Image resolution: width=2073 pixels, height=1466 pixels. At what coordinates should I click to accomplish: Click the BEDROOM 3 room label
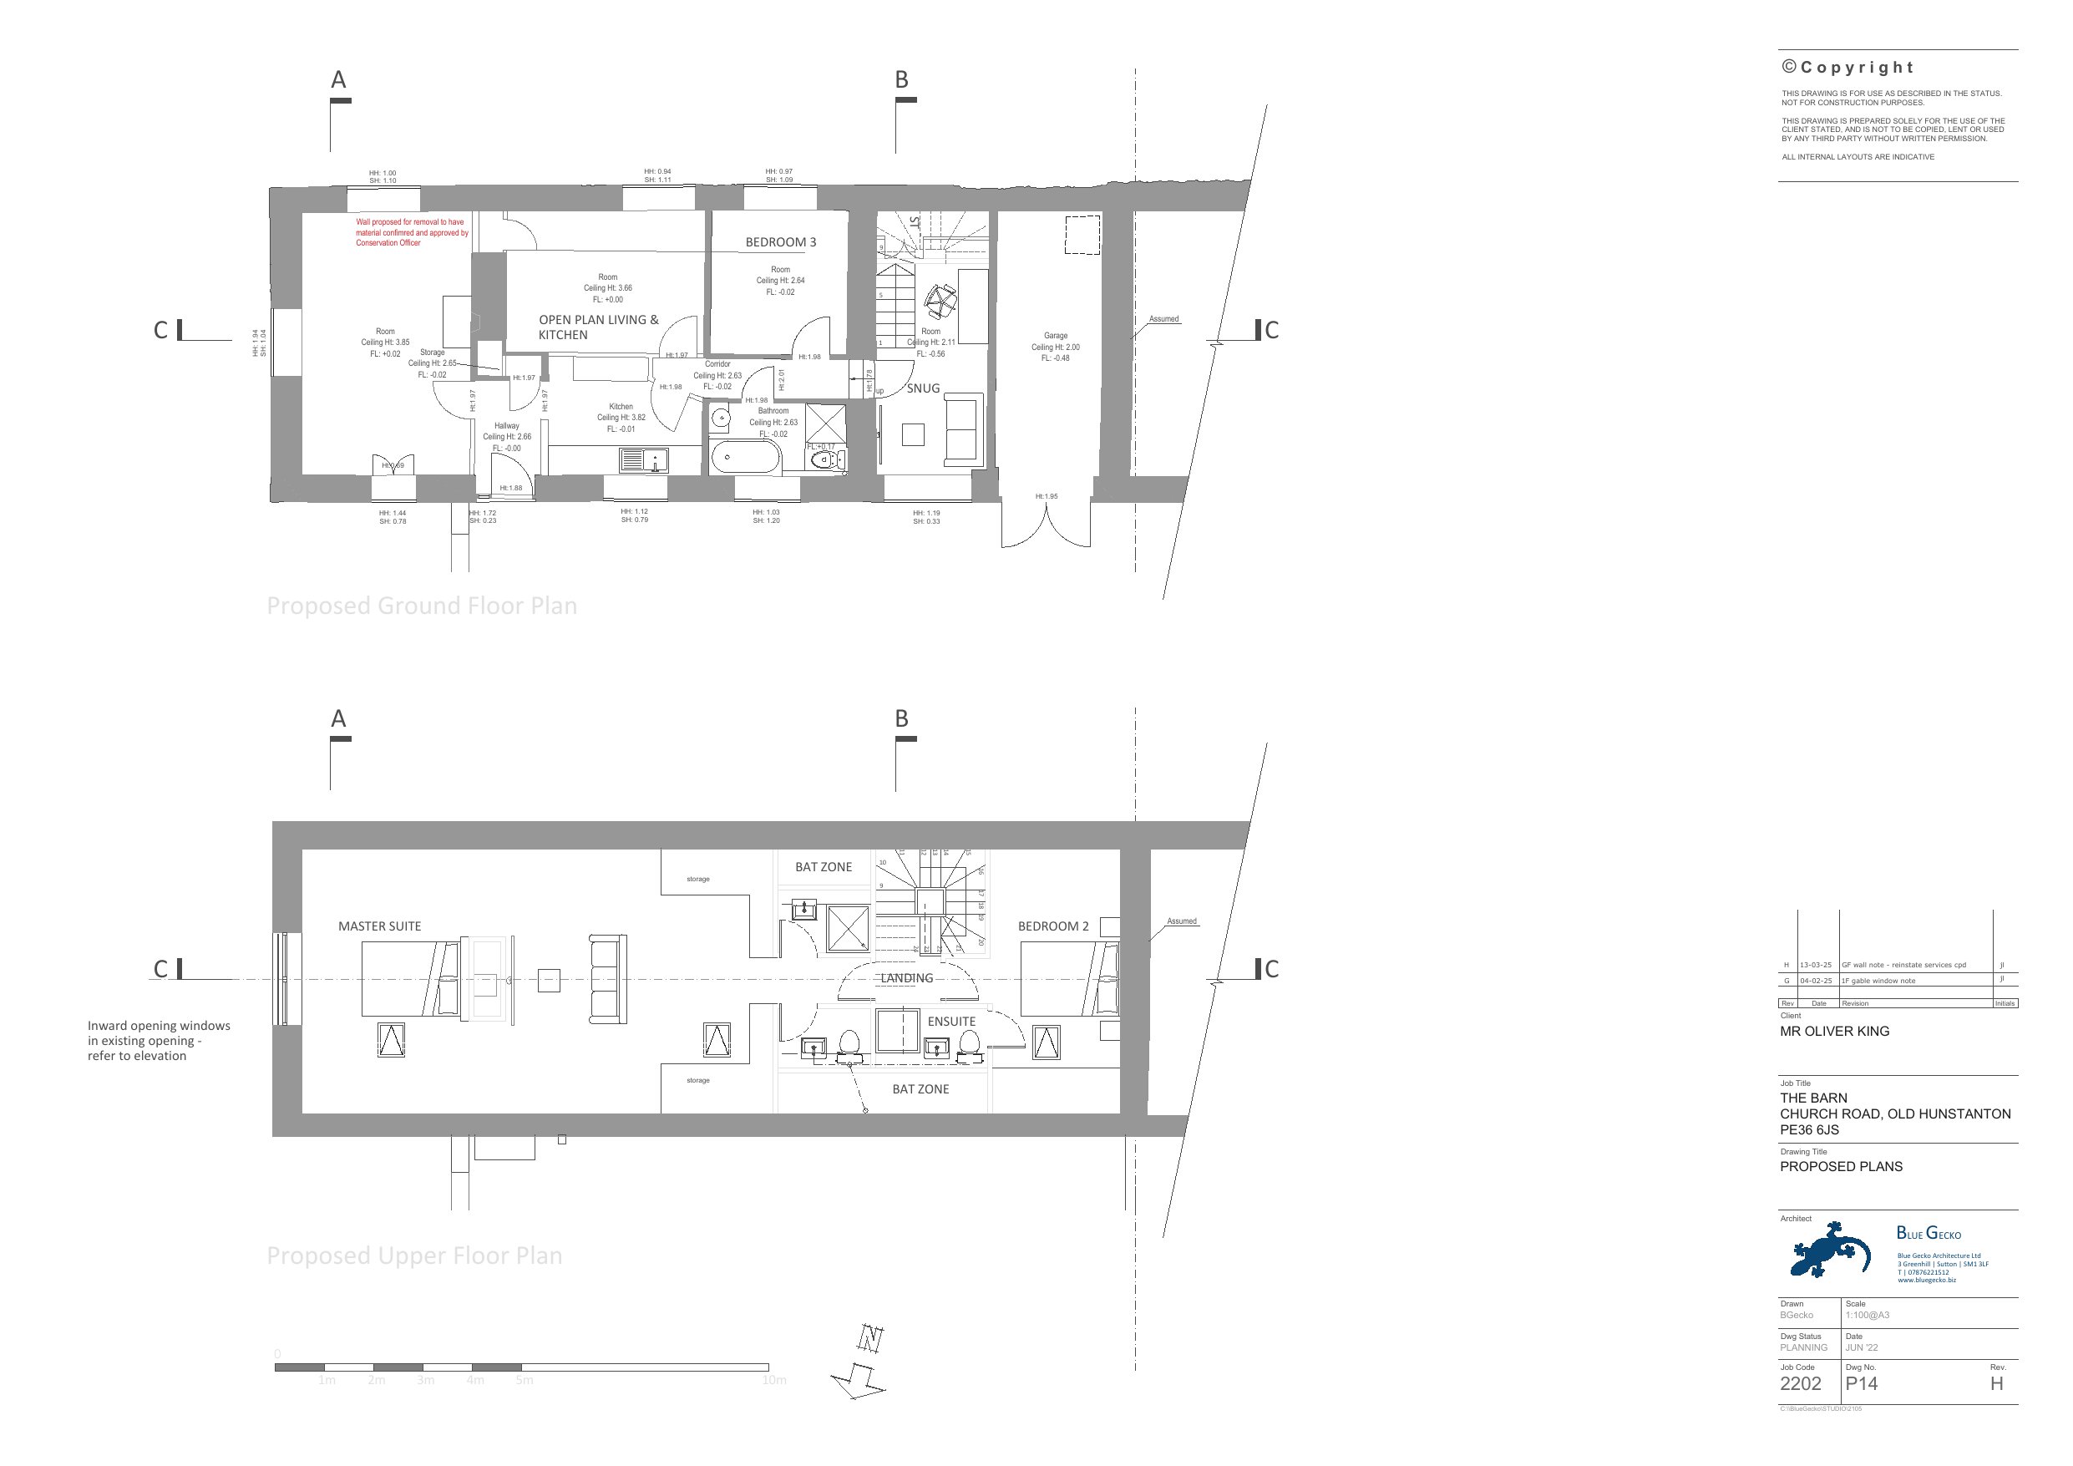click(780, 242)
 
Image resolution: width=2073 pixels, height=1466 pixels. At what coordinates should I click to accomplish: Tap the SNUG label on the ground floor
click(923, 388)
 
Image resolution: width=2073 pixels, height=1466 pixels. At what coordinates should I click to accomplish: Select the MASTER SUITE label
click(379, 926)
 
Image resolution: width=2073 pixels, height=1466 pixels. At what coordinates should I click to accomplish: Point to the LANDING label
click(906, 978)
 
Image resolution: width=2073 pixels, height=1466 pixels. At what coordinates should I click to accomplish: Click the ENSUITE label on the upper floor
click(951, 1022)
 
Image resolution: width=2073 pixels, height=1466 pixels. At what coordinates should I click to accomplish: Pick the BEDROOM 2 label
click(1052, 926)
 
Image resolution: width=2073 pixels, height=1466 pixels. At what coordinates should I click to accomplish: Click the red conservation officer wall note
click(412, 232)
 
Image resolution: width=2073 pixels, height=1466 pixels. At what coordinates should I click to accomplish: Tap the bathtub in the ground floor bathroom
click(746, 458)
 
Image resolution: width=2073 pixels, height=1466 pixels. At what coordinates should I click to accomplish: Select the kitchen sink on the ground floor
click(644, 460)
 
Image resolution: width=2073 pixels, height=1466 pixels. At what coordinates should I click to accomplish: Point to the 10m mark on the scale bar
click(773, 1380)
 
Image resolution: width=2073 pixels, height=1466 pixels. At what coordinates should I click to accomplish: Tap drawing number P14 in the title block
click(1861, 1384)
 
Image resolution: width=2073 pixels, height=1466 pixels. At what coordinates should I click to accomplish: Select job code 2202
click(1801, 1384)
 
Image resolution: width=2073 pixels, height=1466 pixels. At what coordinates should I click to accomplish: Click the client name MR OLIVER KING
click(1834, 1031)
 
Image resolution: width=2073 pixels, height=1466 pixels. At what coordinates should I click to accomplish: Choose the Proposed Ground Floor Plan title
click(422, 605)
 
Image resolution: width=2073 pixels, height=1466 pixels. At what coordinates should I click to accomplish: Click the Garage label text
click(1056, 335)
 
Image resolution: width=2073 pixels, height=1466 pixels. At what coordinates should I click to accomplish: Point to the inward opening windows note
click(159, 1041)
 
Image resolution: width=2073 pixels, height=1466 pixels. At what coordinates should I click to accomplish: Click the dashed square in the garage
click(1082, 234)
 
